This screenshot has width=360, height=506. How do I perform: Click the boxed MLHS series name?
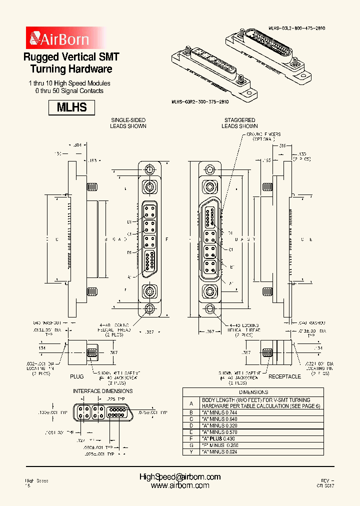click(71, 107)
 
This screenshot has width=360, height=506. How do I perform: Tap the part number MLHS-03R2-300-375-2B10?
click(200, 101)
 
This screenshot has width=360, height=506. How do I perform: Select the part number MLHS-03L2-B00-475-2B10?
click(297, 29)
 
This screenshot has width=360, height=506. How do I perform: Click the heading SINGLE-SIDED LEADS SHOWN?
click(128, 123)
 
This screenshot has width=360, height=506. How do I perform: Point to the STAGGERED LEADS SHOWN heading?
click(239, 123)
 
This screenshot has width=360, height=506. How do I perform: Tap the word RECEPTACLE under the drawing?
click(285, 376)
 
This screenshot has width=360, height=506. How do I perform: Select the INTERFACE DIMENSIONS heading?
click(103, 390)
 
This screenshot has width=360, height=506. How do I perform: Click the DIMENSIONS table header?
click(253, 392)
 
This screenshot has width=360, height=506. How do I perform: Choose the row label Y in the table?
click(191, 451)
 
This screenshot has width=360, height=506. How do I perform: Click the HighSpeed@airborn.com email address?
click(179, 477)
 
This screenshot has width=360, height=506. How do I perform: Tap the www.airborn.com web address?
click(179, 485)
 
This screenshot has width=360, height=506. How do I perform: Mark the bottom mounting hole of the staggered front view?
click(209, 309)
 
